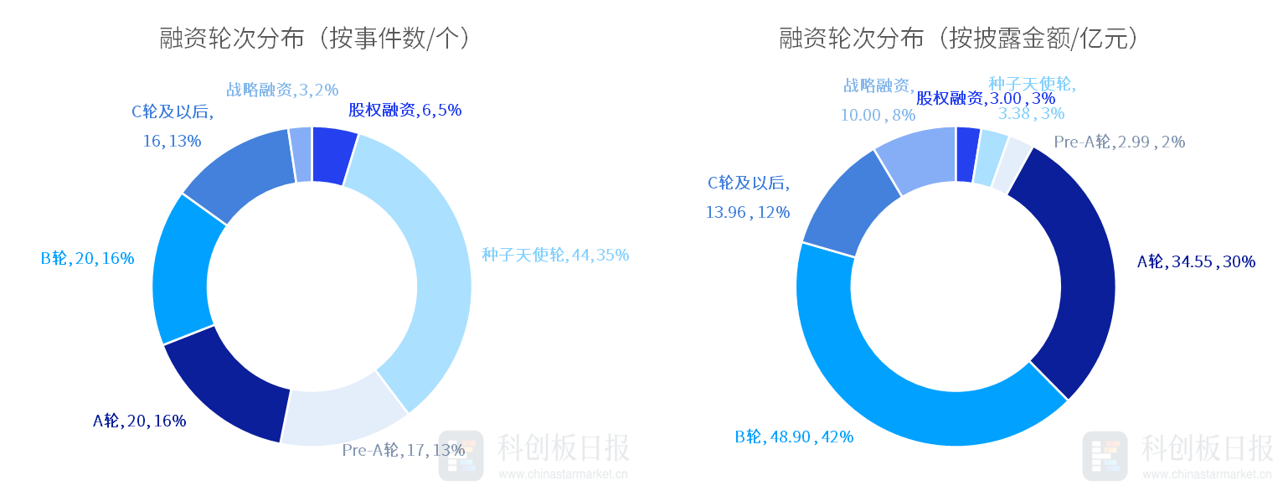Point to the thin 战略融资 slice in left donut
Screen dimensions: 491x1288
click(x=301, y=154)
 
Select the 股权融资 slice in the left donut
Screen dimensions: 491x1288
click(x=332, y=156)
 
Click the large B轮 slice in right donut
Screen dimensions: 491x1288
click(x=904, y=402)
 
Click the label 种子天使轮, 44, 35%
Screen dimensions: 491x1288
click(x=554, y=255)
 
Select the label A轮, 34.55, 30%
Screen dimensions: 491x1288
click(x=1195, y=261)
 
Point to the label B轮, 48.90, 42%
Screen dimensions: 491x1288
click(x=794, y=437)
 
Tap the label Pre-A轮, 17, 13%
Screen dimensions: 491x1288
click(x=403, y=450)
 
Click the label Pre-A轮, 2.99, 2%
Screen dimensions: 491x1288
click(x=1119, y=142)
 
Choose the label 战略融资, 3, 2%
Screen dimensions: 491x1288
click(x=281, y=90)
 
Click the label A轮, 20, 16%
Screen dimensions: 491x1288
click(x=139, y=421)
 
